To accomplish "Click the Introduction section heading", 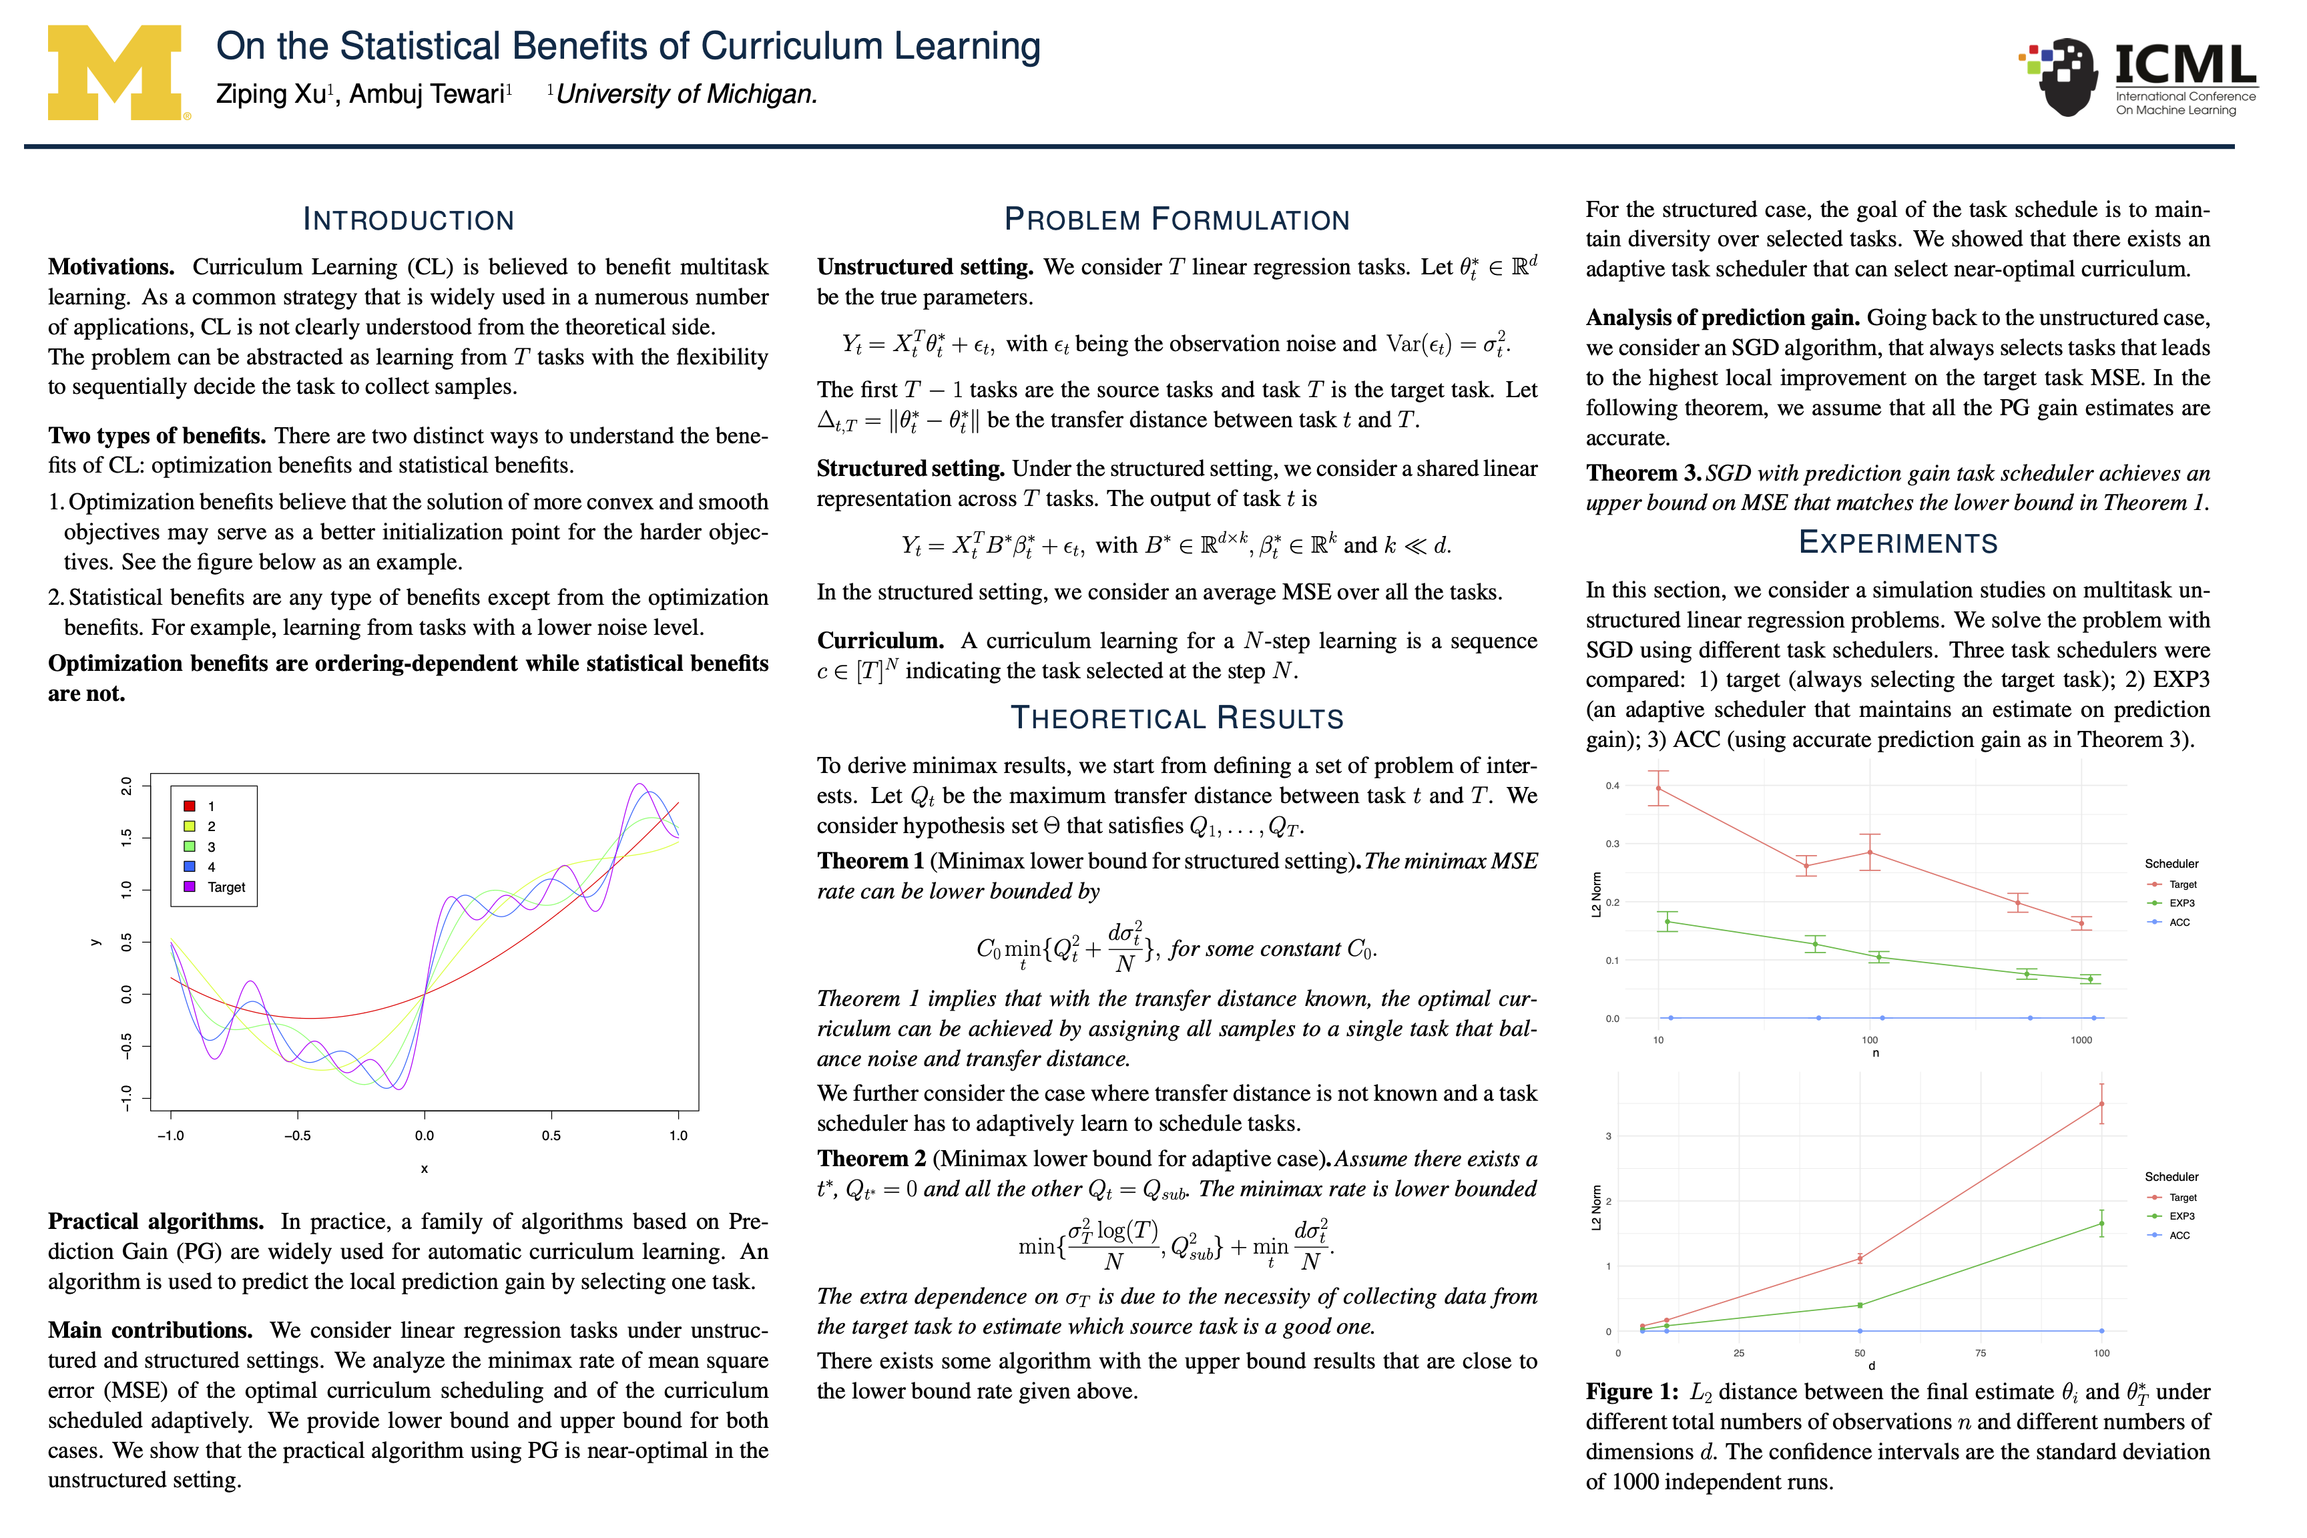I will (408, 219).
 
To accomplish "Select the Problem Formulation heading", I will (1176, 219).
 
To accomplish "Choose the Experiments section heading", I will (1897, 543).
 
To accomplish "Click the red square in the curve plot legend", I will (190, 806).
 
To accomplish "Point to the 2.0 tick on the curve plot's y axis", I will (125, 785).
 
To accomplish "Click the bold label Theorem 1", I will (870, 860).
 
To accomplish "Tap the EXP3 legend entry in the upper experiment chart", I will (2182, 903).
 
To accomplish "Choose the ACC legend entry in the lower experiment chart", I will (2179, 1235).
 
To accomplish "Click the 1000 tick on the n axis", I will (2081, 1040).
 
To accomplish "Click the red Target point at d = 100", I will (2101, 1105).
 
